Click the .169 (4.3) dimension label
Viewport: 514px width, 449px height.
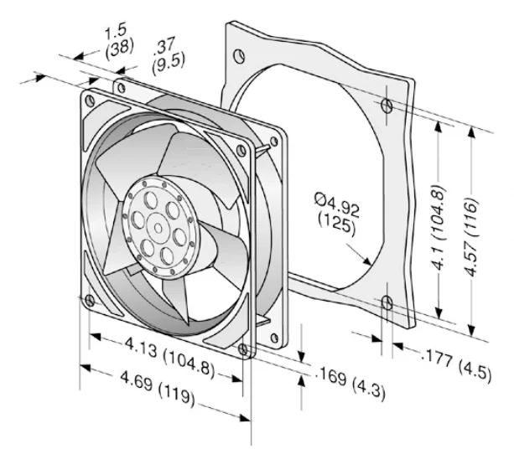click(351, 383)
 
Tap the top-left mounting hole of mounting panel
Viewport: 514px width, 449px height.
click(239, 56)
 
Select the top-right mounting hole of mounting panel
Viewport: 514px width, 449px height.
click(385, 106)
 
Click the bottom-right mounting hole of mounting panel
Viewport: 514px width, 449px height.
click(386, 302)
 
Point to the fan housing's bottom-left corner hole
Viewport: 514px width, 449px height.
click(90, 299)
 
